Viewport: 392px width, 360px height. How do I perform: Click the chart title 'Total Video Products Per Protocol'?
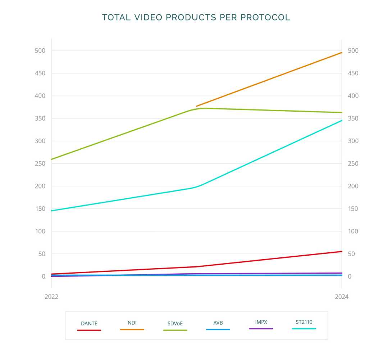196,17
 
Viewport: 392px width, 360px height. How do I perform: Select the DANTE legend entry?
89,324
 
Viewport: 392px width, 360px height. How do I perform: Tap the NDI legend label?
132,323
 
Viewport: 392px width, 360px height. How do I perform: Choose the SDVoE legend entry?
175,324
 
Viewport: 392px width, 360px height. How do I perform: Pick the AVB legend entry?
218,323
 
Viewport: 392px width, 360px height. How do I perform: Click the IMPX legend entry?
261,322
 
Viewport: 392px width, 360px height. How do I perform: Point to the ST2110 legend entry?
304,322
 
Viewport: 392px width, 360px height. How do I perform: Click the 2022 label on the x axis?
51,297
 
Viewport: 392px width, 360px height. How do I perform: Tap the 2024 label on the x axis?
342,297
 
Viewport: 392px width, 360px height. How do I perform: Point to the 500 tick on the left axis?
40,51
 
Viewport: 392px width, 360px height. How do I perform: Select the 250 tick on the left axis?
40,163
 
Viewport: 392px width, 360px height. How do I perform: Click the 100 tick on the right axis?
353,231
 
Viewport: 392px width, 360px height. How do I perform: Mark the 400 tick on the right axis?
353,96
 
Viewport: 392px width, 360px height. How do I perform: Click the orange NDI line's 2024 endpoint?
342,53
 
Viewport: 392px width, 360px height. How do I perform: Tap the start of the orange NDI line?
196,106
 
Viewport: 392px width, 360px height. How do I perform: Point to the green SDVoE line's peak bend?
203,108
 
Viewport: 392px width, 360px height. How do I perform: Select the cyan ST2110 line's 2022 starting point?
52,211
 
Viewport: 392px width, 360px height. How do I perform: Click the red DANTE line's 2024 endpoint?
342,251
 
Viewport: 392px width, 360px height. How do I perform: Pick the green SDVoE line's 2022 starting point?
52,159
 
